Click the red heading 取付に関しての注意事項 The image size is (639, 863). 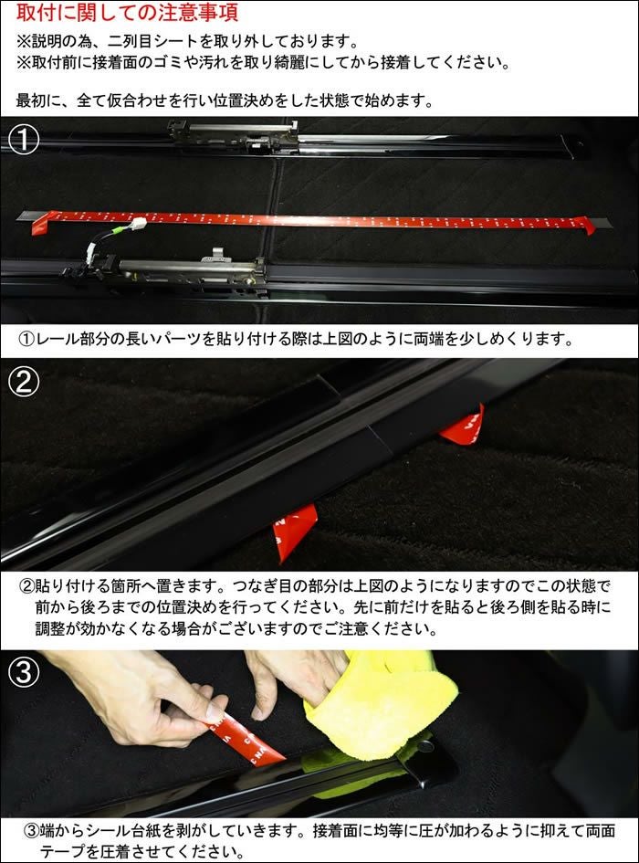127,12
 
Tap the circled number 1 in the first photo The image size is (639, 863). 23,139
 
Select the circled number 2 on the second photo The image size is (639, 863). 24,382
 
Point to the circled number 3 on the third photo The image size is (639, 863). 24,671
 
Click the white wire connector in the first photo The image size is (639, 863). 138,224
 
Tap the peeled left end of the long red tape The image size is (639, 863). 40,223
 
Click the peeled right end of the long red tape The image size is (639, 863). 587,225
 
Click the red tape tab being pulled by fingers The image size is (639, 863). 245,739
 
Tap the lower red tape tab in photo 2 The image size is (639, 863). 295,530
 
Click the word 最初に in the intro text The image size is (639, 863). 38,100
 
